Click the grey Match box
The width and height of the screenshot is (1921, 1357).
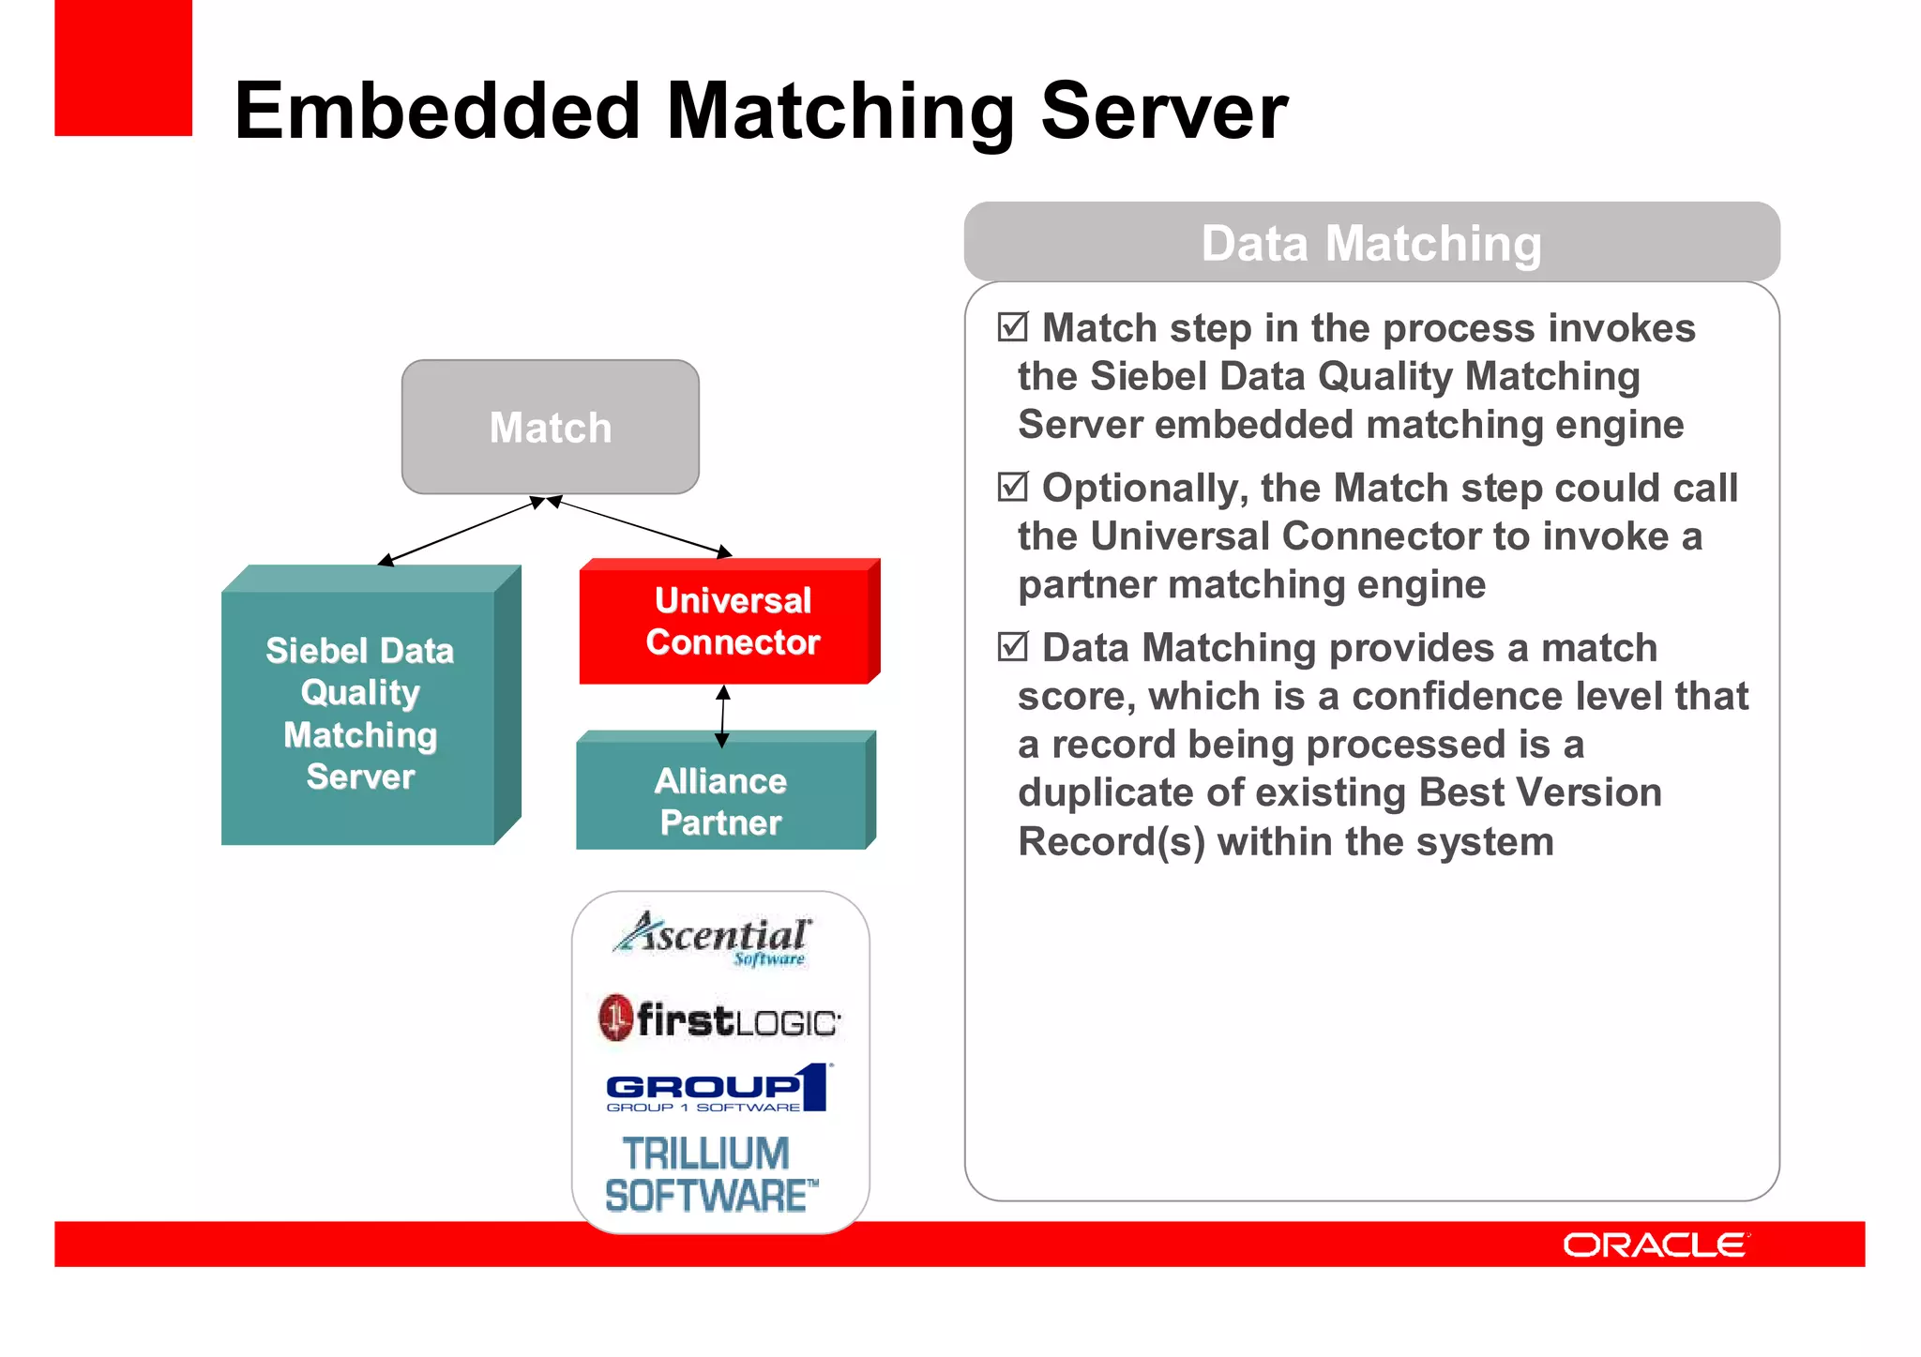550,428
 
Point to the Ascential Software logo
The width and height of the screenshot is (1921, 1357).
713,938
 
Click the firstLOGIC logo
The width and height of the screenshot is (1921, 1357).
719,1019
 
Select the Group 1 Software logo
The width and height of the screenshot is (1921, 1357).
718,1089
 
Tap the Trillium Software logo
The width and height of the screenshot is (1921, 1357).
710,1175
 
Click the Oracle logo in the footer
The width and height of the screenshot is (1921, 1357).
1655,1244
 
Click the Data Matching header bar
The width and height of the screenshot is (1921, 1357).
1371,243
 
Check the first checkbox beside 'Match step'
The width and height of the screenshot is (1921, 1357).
1013,327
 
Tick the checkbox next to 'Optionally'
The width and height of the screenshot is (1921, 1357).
1013,488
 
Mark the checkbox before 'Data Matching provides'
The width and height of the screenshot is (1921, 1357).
1013,647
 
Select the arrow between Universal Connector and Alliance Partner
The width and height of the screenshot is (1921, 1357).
722,716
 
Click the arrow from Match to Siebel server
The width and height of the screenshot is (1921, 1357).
460,532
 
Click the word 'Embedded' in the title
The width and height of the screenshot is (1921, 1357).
438,112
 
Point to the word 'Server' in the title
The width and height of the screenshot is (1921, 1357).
1164,112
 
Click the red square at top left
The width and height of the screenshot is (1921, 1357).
124,68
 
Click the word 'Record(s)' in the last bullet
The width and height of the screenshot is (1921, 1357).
1111,841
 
